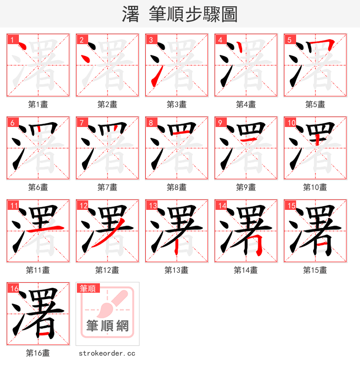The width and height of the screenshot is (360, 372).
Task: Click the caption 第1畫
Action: [38, 104]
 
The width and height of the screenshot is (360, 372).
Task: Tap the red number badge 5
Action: [289, 40]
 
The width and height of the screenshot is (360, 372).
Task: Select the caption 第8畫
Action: [177, 187]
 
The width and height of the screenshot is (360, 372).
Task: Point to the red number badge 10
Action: [291, 122]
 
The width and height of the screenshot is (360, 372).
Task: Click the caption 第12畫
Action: [108, 270]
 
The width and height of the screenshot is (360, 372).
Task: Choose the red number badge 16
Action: [14, 288]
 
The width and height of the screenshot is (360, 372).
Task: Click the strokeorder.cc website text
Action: [108, 354]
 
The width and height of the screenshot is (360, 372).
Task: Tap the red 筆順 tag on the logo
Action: [89, 288]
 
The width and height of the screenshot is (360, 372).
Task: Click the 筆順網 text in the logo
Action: [108, 325]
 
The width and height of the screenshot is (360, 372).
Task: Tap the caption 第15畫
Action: [315, 270]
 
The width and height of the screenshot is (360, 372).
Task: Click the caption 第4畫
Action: [246, 104]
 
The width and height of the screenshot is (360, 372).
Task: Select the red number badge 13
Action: [153, 205]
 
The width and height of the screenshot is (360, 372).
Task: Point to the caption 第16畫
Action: [38, 354]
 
